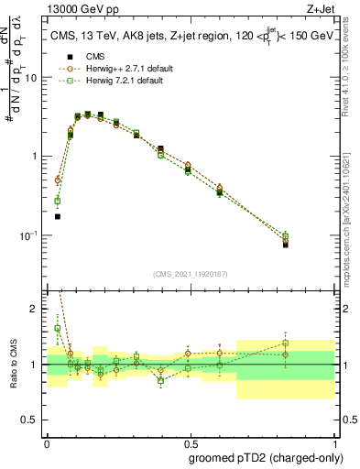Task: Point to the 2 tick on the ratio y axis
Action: tap(38, 309)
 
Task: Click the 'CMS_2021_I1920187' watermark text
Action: tap(190, 273)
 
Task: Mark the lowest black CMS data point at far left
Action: tap(57, 217)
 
